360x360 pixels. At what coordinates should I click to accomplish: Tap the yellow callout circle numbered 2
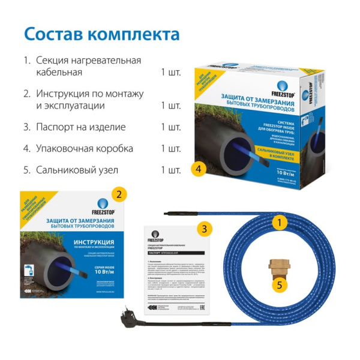(119, 194)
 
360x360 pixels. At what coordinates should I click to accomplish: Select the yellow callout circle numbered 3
(205, 229)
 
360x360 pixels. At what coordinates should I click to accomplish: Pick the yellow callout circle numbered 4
(197, 169)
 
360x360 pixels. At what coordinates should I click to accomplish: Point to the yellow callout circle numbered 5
(278, 284)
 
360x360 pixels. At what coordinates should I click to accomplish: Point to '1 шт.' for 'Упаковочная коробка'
(170, 148)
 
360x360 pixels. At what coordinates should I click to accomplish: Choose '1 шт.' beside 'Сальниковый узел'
(170, 170)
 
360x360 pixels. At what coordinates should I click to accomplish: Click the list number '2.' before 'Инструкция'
(26, 94)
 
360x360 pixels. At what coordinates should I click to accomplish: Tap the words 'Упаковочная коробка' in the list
(85, 148)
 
